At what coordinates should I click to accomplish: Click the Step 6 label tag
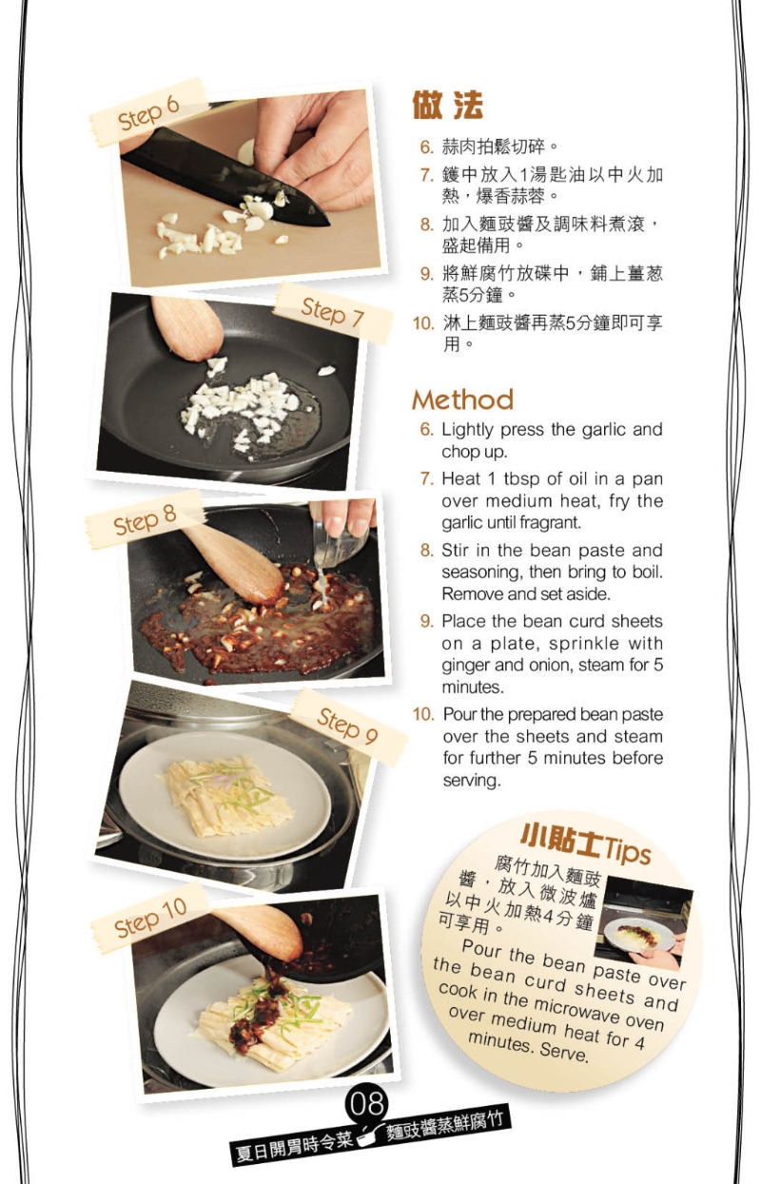[x=148, y=113]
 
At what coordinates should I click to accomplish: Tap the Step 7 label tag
[x=332, y=311]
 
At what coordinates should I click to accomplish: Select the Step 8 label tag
[x=145, y=521]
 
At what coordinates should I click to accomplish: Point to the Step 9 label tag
[x=347, y=726]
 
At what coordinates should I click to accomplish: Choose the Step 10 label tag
[x=150, y=917]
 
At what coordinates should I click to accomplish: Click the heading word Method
[x=462, y=398]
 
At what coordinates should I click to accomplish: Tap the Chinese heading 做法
[x=447, y=105]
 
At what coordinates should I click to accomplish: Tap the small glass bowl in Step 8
[x=341, y=547]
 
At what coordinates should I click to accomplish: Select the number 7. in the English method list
[x=427, y=478]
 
